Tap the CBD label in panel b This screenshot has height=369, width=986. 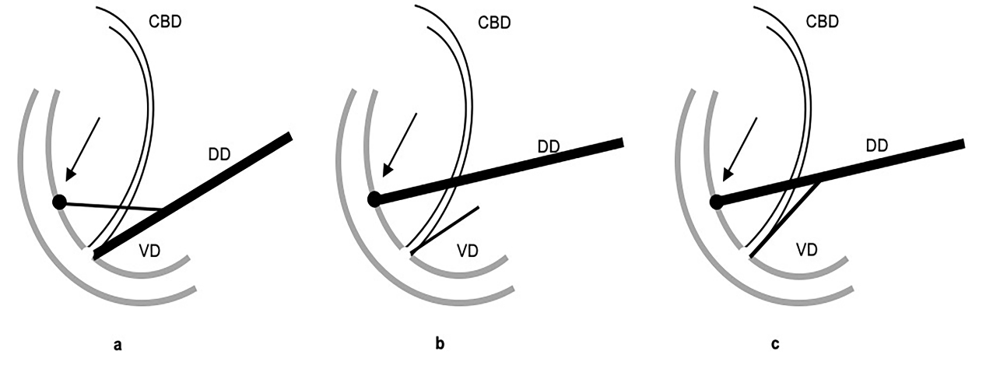pyautogui.click(x=493, y=22)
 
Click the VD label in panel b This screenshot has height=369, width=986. pyautogui.click(x=467, y=251)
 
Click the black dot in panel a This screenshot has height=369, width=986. pyautogui.click(x=59, y=202)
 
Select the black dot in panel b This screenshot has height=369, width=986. pyautogui.click(x=374, y=199)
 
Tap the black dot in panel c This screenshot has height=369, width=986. pyautogui.click(x=716, y=202)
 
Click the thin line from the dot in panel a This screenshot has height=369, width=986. pyautogui.click(x=113, y=206)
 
